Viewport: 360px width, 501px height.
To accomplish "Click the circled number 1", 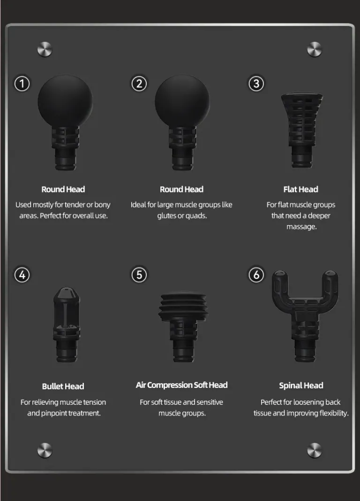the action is coord(22,83).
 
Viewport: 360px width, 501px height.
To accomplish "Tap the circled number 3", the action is coord(256,83).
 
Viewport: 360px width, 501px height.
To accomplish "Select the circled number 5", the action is coord(139,274).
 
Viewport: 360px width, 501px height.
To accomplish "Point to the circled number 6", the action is coord(256,274).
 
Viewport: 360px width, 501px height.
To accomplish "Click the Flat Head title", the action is coord(300,189).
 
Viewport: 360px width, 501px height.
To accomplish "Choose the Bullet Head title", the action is coord(63,386).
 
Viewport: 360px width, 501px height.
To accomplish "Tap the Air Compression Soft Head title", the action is coord(181,385).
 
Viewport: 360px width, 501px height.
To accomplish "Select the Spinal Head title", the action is coord(301,385).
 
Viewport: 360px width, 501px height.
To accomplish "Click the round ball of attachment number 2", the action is coord(182,101).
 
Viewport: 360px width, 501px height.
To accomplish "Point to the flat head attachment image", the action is coord(301,130).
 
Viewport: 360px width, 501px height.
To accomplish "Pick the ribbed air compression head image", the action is coord(183,326).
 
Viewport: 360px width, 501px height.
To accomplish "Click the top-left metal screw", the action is coord(45,49).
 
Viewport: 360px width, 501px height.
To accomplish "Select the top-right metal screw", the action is coord(315,49).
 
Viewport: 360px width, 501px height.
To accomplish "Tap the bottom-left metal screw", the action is coord(45,450).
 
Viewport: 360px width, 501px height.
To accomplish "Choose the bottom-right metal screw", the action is coord(315,450).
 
